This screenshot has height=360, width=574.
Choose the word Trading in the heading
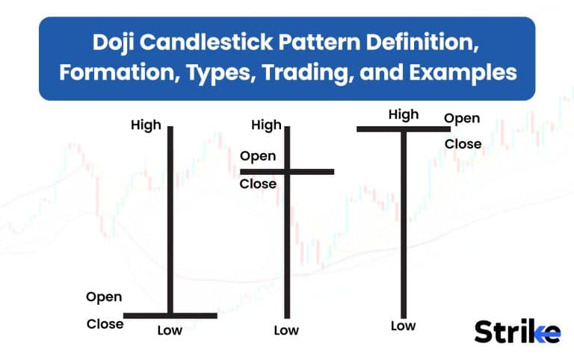tap(307, 72)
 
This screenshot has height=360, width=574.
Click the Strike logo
tap(517, 331)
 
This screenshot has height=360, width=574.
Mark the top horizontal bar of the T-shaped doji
tap(404, 129)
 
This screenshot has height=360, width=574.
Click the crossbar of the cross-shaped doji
tap(287, 171)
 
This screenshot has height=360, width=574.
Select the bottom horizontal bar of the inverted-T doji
tap(170, 315)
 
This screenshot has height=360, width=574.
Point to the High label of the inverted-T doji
tap(146, 125)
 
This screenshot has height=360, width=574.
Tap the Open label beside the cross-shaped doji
tap(258, 156)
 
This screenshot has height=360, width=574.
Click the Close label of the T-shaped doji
tap(463, 143)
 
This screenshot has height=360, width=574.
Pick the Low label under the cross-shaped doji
tap(286, 330)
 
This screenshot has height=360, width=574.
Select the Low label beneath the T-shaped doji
tap(403, 326)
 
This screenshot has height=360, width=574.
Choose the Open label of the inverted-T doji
tap(104, 297)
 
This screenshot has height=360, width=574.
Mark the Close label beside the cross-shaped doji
tap(258, 184)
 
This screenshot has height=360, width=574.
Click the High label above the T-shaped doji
tap(404, 114)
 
